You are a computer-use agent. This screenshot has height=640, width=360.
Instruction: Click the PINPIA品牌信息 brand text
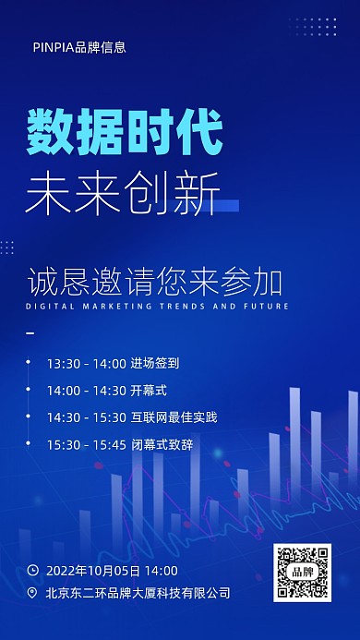point(78,47)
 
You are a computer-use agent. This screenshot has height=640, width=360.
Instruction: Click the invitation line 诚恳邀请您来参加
point(154,279)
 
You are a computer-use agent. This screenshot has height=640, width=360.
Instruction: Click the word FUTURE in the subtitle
point(267,306)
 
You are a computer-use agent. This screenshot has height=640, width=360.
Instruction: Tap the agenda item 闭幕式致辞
point(162,444)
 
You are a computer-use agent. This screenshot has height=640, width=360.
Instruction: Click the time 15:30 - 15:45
point(87,444)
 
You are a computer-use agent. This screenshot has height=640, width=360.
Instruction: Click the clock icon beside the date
point(33,571)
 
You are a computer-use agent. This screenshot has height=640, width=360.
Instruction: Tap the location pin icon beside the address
point(33,593)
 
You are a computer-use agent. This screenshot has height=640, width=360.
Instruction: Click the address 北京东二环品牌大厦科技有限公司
point(138,593)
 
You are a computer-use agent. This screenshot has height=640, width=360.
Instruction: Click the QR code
point(302,573)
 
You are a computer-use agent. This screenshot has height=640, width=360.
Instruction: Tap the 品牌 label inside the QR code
point(302,573)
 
